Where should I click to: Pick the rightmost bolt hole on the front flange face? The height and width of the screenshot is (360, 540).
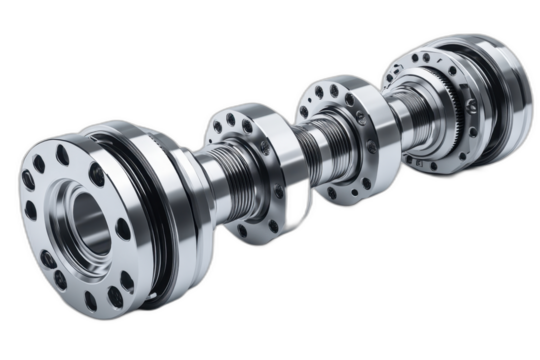click(x=122, y=228)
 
